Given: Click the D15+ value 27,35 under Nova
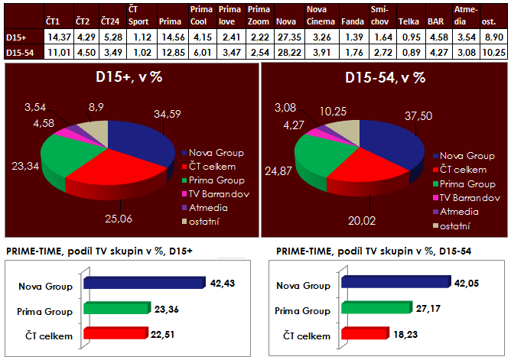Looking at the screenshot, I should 288,37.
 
